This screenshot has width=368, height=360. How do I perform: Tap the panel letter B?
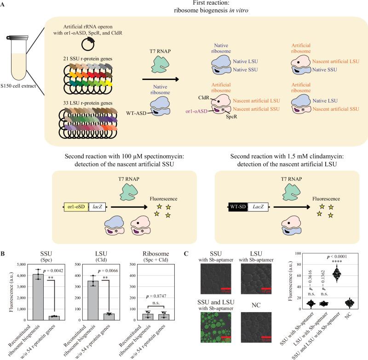[x=3, y=253]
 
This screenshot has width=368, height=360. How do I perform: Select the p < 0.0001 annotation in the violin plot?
[x=339, y=256]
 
